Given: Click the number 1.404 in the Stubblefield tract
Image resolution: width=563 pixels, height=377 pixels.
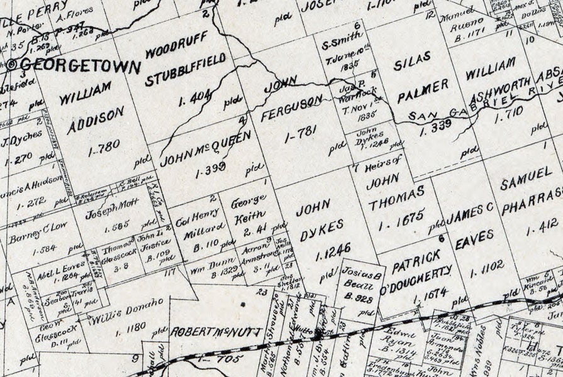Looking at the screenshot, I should (x=179, y=97).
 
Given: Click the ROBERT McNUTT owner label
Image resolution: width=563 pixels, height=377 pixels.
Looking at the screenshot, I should (x=215, y=331).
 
